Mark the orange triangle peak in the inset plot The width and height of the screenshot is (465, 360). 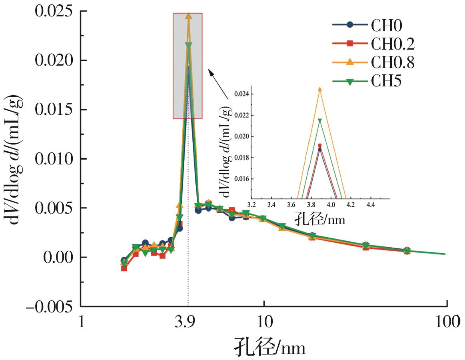319,89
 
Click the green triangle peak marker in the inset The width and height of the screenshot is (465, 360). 319,120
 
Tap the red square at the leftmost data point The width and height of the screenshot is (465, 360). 124,268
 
